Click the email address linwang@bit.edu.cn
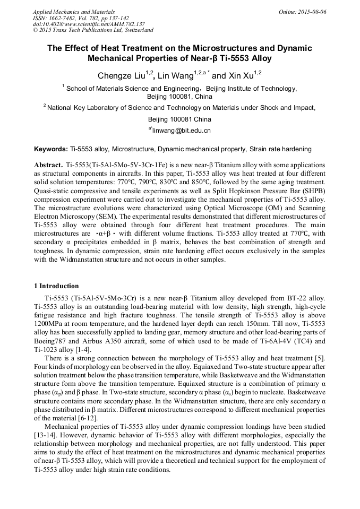pyautogui.click(x=182, y=130)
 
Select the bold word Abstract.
pyautogui.click(x=49, y=165)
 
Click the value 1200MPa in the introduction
pyautogui.click(x=48, y=322)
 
